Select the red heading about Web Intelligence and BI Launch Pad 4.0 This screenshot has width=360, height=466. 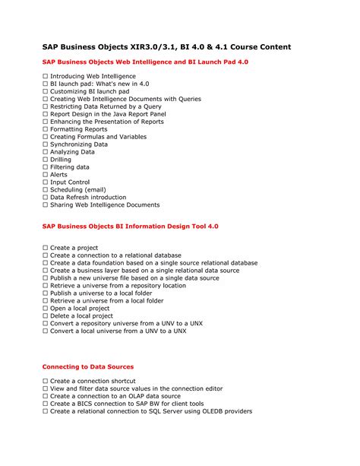pyautogui.click(x=145, y=62)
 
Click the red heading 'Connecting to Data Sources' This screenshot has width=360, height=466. pyautogui.click(x=87, y=366)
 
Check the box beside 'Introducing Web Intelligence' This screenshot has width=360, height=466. pyautogui.click(x=46, y=77)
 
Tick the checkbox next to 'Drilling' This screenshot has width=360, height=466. pyautogui.click(x=46, y=160)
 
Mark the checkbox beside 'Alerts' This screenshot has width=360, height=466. pyautogui.click(x=46, y=175)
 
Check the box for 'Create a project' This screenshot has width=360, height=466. pyautogui.click(x=46, y=248)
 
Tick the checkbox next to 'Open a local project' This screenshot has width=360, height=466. pyautogui.click(x=46, y=309)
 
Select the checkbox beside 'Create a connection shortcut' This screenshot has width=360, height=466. pyautogui.click(x=46, y=381)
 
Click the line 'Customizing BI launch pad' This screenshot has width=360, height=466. pyautogui.click(x=90, y=92)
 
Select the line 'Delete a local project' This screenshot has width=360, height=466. pyautogui.click(x=81, y=316)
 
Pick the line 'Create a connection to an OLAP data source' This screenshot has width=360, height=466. pyautogui.click(x=115, y=396)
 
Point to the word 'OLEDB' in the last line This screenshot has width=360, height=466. pyautogui.click(x=208, y=411)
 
